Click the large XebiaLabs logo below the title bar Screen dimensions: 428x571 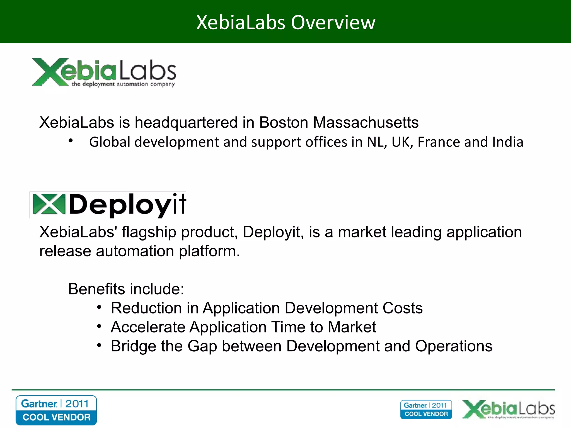pos(104,72)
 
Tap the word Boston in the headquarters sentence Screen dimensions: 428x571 pos(284,122)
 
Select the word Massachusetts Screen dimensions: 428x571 pos(366,122)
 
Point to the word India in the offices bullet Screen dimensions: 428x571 pos(508,142)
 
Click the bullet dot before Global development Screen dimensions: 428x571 pos(71,141)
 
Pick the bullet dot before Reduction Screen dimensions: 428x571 pos(99,307)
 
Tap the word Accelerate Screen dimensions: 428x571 pos(148,327)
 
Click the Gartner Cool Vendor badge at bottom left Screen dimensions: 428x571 pos(56,410)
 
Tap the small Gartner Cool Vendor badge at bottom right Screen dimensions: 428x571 pos(426,410)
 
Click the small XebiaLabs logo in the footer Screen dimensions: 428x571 pos(509,409)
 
